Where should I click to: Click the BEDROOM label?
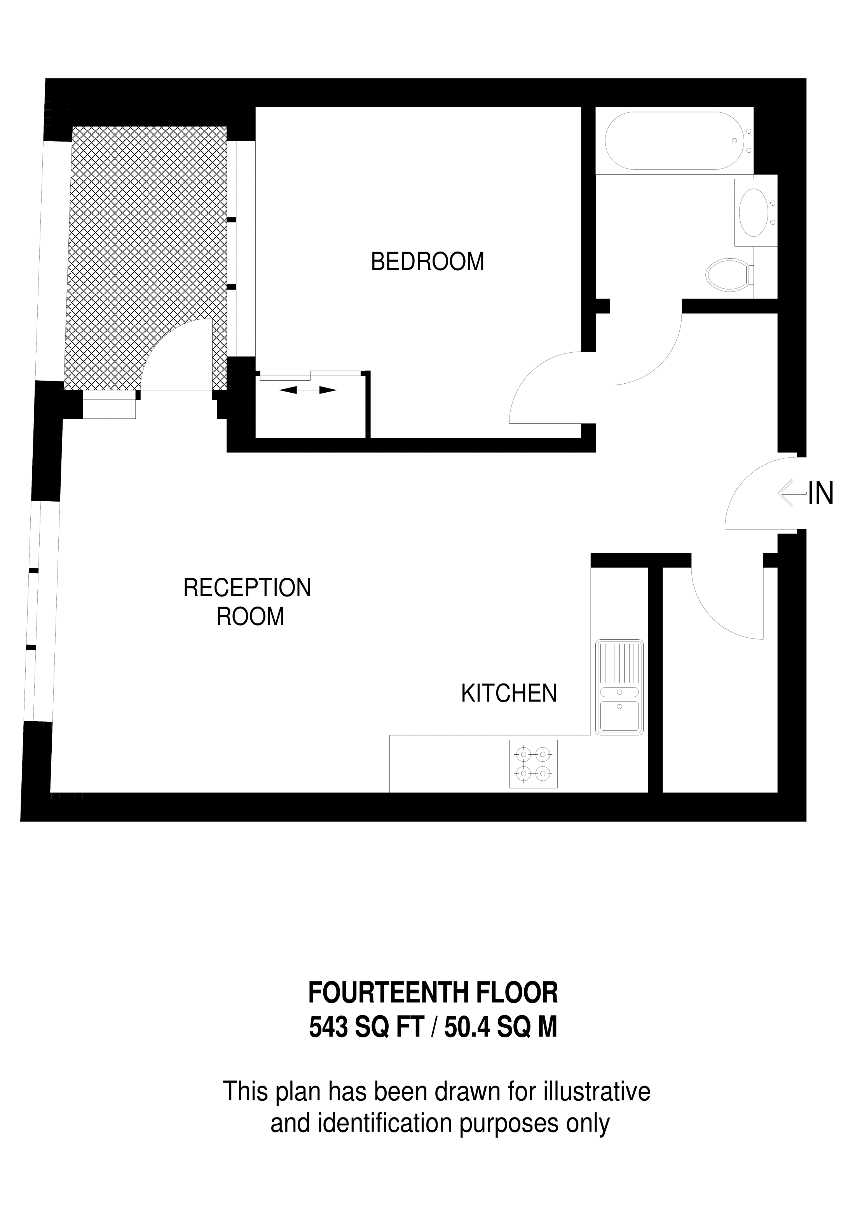(427, 262)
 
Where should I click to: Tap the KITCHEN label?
(509, 694)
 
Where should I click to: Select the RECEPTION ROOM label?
(247, 602)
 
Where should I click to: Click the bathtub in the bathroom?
(674, 141)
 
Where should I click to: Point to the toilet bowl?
(727, 274)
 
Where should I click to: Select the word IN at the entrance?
(821, 494)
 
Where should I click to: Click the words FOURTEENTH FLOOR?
(433, 993)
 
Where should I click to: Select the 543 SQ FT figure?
(366, 1027)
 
